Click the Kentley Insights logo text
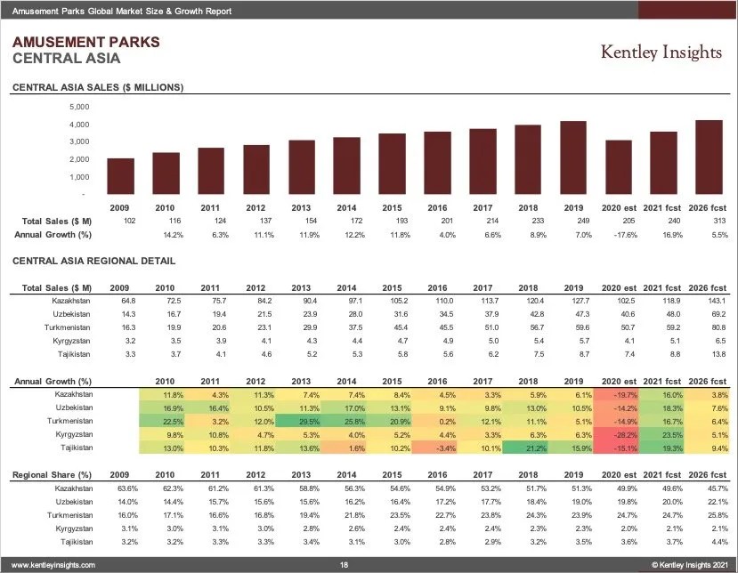coord(661,52)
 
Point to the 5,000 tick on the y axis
coord(78,107)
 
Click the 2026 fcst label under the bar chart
coord(709,206)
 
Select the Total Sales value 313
coord(709,220)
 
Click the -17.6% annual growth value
coord(618,235)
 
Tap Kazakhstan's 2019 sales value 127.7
coord(573,302)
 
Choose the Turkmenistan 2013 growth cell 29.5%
coord(301,421)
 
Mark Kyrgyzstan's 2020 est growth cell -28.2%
coord(618,434)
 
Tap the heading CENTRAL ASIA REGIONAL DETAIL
coord(93,261)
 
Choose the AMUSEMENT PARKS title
coord(85,42)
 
